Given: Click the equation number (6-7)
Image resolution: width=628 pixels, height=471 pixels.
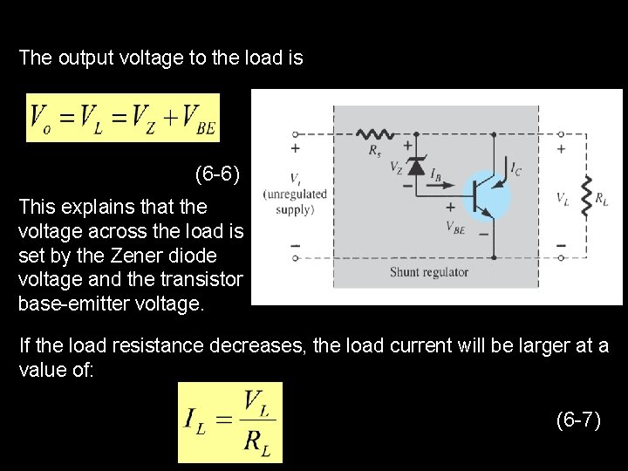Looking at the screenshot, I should [x=578, y=420].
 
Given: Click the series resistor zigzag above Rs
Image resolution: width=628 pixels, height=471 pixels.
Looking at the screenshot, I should [x=377, y=135].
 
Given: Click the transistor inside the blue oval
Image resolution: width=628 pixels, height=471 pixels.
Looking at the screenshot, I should [x=483, y=195].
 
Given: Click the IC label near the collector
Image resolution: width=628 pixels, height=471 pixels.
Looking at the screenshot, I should [x=516, y=166].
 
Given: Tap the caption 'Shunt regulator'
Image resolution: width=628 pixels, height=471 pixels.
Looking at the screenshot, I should [x=429, y=272].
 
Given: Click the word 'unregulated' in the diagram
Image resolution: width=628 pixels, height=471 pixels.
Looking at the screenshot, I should [x=296, y=194].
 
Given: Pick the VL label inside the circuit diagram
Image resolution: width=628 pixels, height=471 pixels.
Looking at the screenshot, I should [x=564, y=199].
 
